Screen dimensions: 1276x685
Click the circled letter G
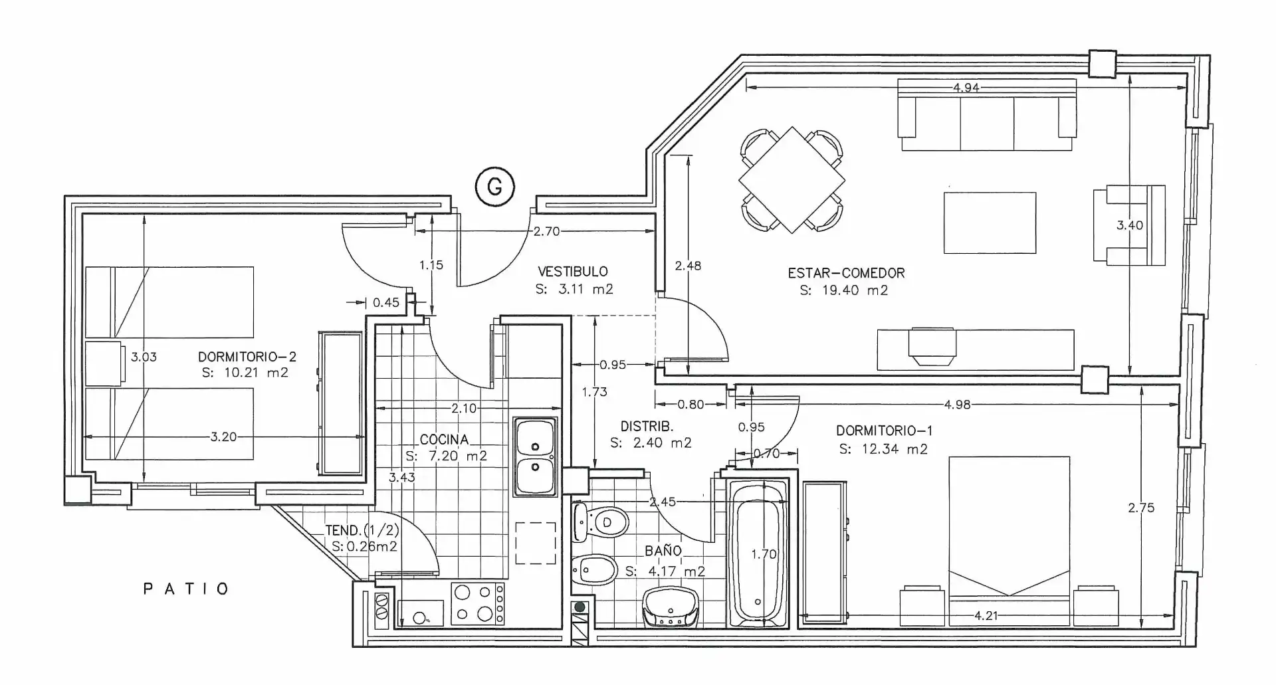[x=495, y=188]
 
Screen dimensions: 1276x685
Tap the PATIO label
[x=187, y=589]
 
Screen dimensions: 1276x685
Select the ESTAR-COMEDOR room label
[x=846, y=272]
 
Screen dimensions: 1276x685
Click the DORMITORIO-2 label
[x=247, y=357]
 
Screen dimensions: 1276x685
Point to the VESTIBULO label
[x=573, y=271]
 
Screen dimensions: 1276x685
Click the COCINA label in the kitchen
[x=444, y=440]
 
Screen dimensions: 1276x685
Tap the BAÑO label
[x=663, y=551]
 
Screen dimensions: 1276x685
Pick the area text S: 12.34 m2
[x=883, y=449]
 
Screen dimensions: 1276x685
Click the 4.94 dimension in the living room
[x=966, y=87]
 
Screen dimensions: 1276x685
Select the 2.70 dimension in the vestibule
[x=546, y=231]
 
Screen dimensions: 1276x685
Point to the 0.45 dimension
[x=385, y=302]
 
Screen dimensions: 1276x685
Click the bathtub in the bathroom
[x=758, y=553]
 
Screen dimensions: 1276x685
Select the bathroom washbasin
[x=671, y=607]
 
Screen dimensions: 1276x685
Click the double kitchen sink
[x=535, y=457]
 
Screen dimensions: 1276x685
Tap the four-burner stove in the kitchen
[x=477, y=604]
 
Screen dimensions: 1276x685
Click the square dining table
[x=792, y=180]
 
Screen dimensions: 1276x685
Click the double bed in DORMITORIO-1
[x=1009, y=541]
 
